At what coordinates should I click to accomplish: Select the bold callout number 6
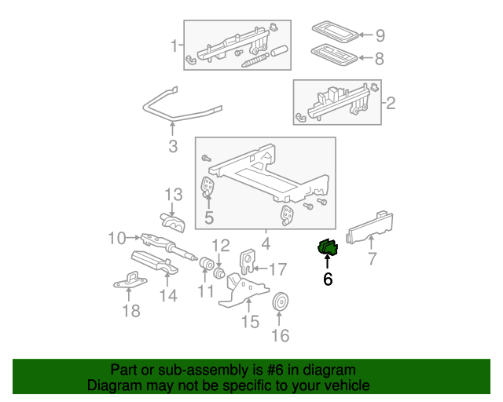coord(328,279)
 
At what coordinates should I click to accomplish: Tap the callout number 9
coord(380,35)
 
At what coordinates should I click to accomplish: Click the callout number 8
coord(380,58)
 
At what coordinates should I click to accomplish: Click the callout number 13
coord(173,194)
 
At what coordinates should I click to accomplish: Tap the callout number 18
coord(130,312)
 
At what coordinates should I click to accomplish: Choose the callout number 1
coord(174,46)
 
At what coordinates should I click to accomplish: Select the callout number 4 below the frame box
coord(265,243)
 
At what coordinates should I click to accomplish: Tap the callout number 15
coord(249,322)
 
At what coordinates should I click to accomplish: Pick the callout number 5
coord(208,217)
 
